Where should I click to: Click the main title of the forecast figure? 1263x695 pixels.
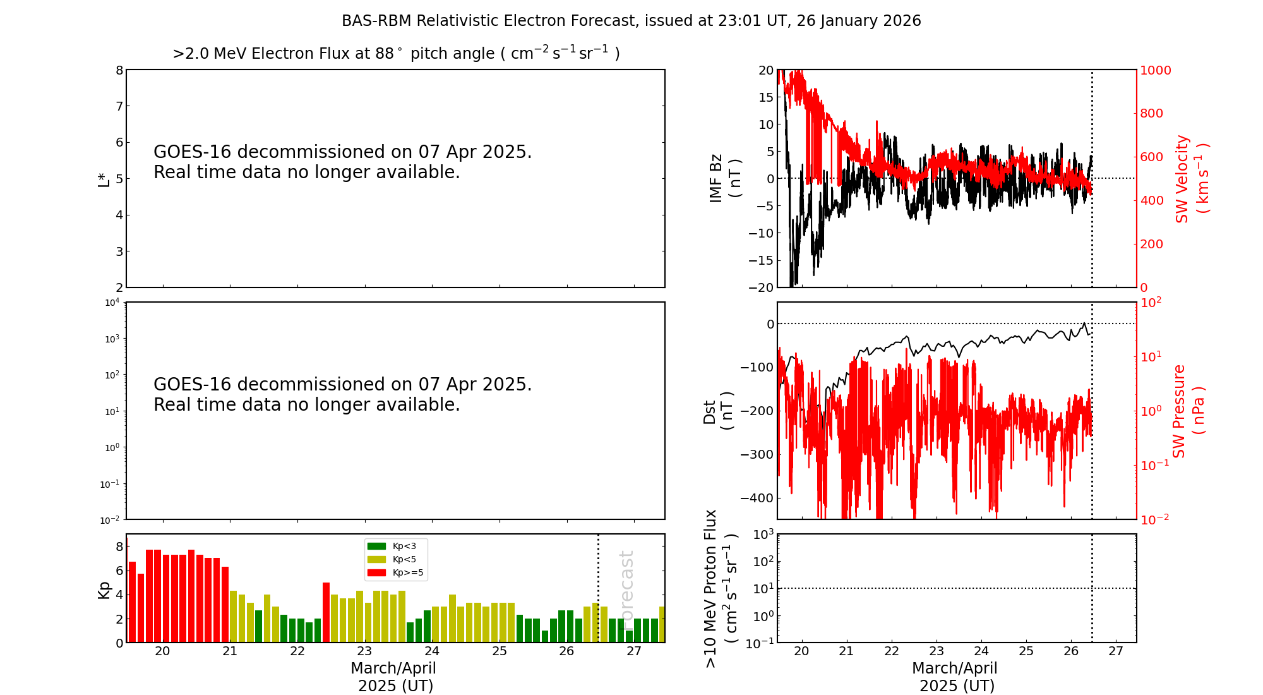pos(631,21)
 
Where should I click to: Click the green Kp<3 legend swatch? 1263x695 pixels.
pos(376,546)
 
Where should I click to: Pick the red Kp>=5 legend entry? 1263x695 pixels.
pos(395,573)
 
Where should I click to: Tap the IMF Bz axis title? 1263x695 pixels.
pos(725,178)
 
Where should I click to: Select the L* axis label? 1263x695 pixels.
pos(104,179)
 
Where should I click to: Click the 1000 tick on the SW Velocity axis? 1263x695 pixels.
pos(1155,70)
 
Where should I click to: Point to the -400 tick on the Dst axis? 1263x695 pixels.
pos(757,498)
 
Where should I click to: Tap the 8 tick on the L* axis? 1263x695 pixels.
pos(119,70)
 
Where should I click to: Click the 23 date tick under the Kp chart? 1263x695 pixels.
pos(364,651)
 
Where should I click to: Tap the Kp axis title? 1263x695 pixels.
pos(104,590)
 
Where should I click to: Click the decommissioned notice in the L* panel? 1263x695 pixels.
pos(343,162)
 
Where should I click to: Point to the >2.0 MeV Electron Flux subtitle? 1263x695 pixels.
pos(396,53)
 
